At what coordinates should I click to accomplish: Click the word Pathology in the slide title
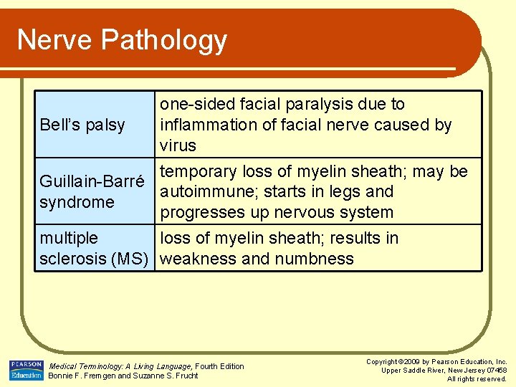tap(165, 40)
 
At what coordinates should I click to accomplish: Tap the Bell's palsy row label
tap(82, 125)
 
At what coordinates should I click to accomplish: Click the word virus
tap(178, 145)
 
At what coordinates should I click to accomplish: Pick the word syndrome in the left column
tap(77, 202)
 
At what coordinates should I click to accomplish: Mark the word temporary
tap(199, 171)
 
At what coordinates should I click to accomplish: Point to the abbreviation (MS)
tap(132, 259)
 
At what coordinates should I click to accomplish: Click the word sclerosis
tap(73, 259)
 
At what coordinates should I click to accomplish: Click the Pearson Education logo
tap(27, 370)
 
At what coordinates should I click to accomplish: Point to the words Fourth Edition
tap(219, 366)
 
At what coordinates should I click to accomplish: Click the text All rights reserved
tap(477, 378)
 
